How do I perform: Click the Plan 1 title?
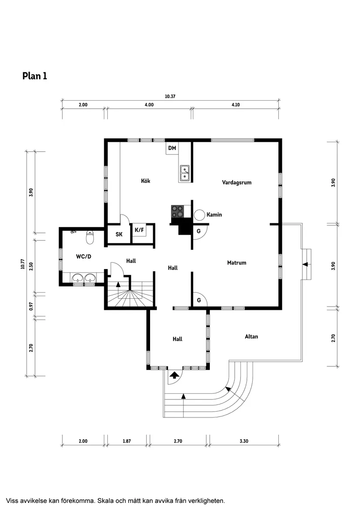coord(34,76)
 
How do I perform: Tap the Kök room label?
coord(145,181)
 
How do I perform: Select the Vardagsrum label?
coord(237,183)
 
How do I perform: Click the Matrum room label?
coord(237,263)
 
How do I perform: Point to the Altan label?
coord(251,336)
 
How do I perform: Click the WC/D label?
coord(83,256)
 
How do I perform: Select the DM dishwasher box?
coord(172,148)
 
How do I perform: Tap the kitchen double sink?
coord(185,173)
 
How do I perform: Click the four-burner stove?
coord(177,211)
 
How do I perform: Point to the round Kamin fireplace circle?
coord(199,215)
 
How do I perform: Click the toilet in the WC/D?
coord(90,238)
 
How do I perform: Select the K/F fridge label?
coord(140,230)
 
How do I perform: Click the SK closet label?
coord(119,234)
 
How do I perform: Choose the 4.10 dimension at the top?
coord(236,105)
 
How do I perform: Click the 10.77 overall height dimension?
coord(22,264)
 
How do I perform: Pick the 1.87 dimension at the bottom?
coord(127,441)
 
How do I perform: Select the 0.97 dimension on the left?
coord(31,306)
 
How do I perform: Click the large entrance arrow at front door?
coord(174,374)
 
